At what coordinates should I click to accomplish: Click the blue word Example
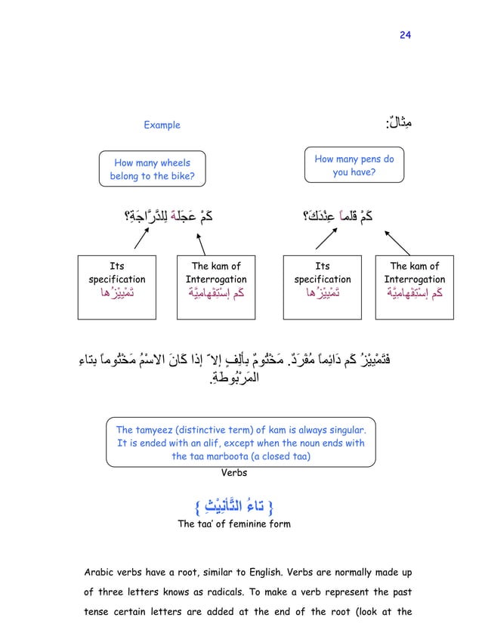point(162,125)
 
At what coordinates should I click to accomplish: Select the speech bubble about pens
point(354,165)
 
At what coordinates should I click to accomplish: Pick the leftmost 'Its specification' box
point(116,280)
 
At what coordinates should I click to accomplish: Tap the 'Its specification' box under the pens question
point(322,280)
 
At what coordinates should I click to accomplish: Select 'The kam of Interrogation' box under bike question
point(215,280)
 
